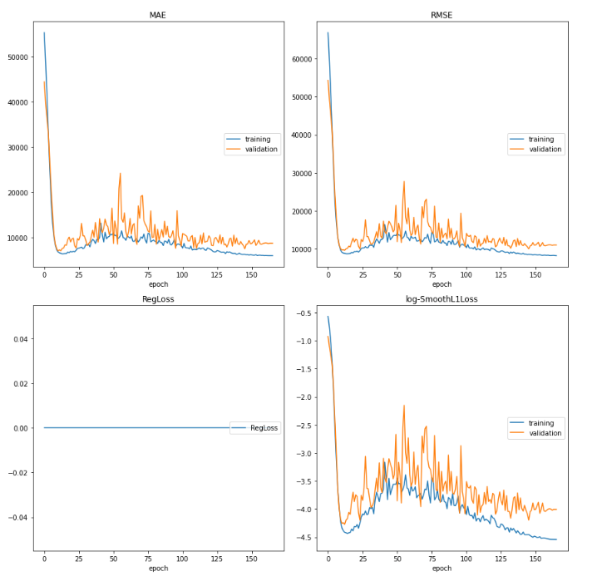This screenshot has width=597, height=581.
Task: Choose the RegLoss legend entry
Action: point(264,428)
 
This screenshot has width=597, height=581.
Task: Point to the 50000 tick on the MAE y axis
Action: point(17,57)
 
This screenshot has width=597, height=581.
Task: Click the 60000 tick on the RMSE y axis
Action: point(301,59)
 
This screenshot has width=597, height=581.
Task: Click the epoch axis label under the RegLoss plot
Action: point(158,569)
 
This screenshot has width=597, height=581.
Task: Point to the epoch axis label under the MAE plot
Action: point(158,284)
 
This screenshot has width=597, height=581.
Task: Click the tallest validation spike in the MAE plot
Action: point(121,174)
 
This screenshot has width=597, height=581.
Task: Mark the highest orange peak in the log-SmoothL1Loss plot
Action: point(404,406)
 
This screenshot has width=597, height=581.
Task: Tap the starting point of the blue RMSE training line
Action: point(328,33)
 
